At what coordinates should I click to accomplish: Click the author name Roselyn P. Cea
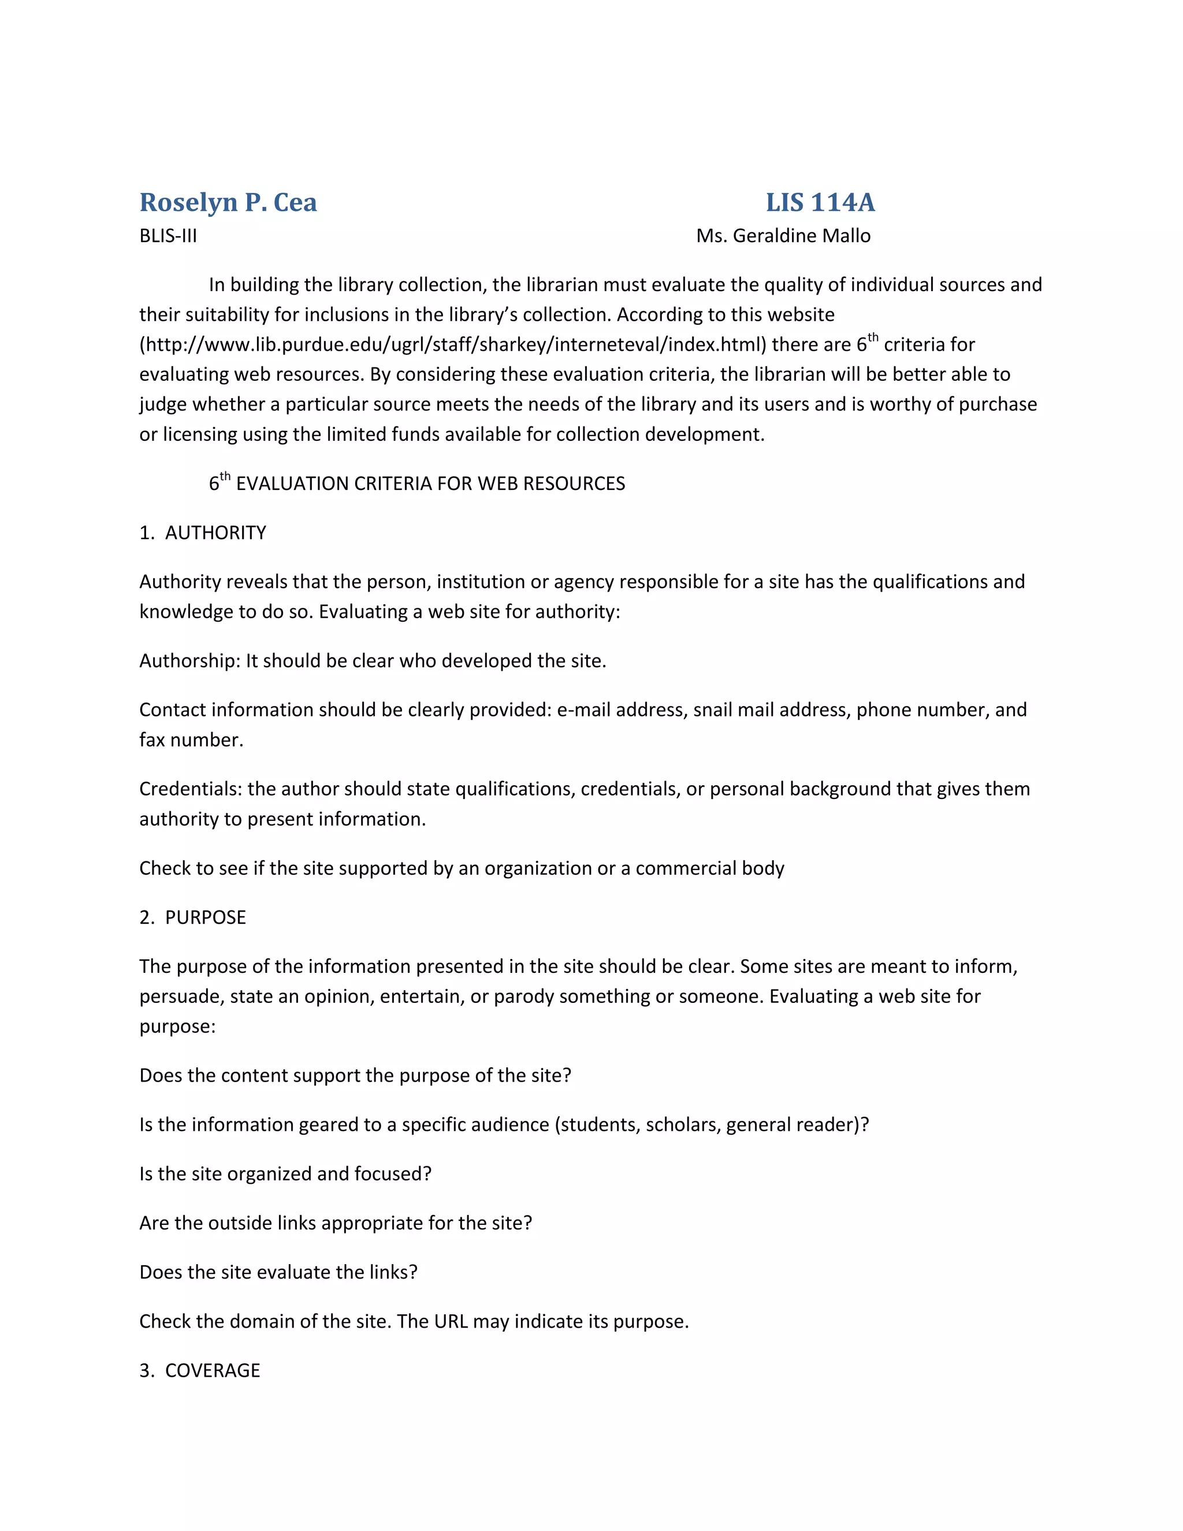(x=228, y=203)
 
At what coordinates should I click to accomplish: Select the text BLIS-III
(x=168, y=236)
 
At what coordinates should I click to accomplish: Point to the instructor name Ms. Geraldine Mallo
(x=783, y=236)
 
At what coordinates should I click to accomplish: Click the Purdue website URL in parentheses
(x=453, y=345)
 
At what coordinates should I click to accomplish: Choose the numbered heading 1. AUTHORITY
(x=203, y=533)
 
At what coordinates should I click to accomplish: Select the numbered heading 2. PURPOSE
(x=193, y=917)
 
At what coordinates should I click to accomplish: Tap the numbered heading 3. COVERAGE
(x=200, y=1370)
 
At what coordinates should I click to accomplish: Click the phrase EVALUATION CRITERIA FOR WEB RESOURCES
(x=430, y=484)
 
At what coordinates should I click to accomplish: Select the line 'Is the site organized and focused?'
(x=285, y=1174)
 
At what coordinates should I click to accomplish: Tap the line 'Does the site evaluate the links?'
(x=278, y=1272)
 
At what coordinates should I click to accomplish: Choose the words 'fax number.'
(x=191, y=740)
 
